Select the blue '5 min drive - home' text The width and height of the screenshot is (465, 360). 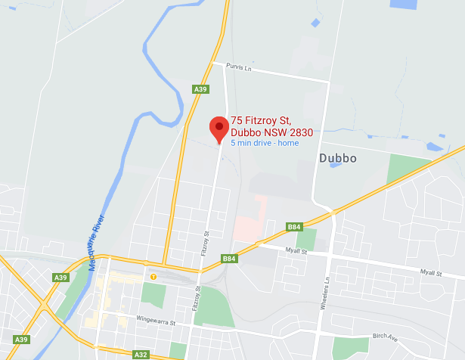pyautogui.click(x=265, y=143)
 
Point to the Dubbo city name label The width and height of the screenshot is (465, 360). pyautogui.click(x=337, y=159)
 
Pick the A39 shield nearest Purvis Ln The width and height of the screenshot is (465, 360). pyautogui.click(x=200, y=89)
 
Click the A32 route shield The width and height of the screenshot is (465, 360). pyautogui.click(x=141, y=354)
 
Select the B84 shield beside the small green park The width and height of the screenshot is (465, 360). pyautogui.click(x=294, y=226)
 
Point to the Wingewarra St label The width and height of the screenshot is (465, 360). pyautogui.click(x=155, y=323)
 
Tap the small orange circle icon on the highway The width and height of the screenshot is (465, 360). pyautogui.click(x=153, y=277)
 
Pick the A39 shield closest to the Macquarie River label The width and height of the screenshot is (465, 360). pyautogui.click(x=61, y=278)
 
